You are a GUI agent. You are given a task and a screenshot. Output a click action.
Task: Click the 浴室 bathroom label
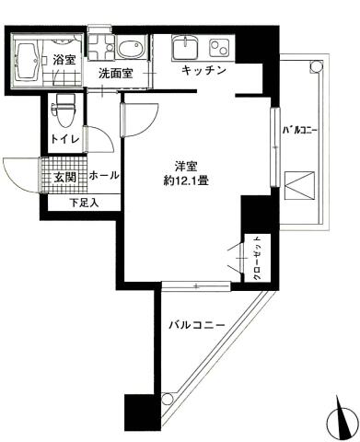(64, 59)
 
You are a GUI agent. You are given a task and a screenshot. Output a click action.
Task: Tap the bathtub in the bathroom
(27, 61)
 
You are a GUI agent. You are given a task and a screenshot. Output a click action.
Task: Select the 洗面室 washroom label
(116, 74)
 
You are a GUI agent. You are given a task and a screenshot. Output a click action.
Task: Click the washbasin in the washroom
(132, 49)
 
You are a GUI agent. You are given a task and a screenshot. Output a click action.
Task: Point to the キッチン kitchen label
(203, 70)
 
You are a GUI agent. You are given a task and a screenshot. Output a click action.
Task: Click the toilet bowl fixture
(64, 110)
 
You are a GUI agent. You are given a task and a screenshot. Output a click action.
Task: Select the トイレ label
(65, 139)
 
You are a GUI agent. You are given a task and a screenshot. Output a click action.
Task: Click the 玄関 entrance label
(64, 178)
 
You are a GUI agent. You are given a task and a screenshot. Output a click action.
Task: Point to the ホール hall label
(104, 176)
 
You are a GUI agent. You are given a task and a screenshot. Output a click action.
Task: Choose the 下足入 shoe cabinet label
(84, 203)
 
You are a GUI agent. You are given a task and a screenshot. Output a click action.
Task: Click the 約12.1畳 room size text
(186, 181)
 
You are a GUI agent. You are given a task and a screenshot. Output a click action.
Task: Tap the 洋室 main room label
(186, 167)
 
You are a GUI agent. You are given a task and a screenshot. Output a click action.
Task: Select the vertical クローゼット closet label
(257, 258)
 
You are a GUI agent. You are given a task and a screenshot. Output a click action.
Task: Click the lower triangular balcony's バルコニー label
(197, 325)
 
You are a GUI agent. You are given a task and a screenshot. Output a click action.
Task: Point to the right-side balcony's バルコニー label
(299, 131)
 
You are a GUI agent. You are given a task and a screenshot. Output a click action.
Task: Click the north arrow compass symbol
(342, 419)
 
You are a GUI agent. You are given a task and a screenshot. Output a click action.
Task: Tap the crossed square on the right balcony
(299, 185)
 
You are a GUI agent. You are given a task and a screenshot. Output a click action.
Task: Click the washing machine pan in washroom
(101, 47)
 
